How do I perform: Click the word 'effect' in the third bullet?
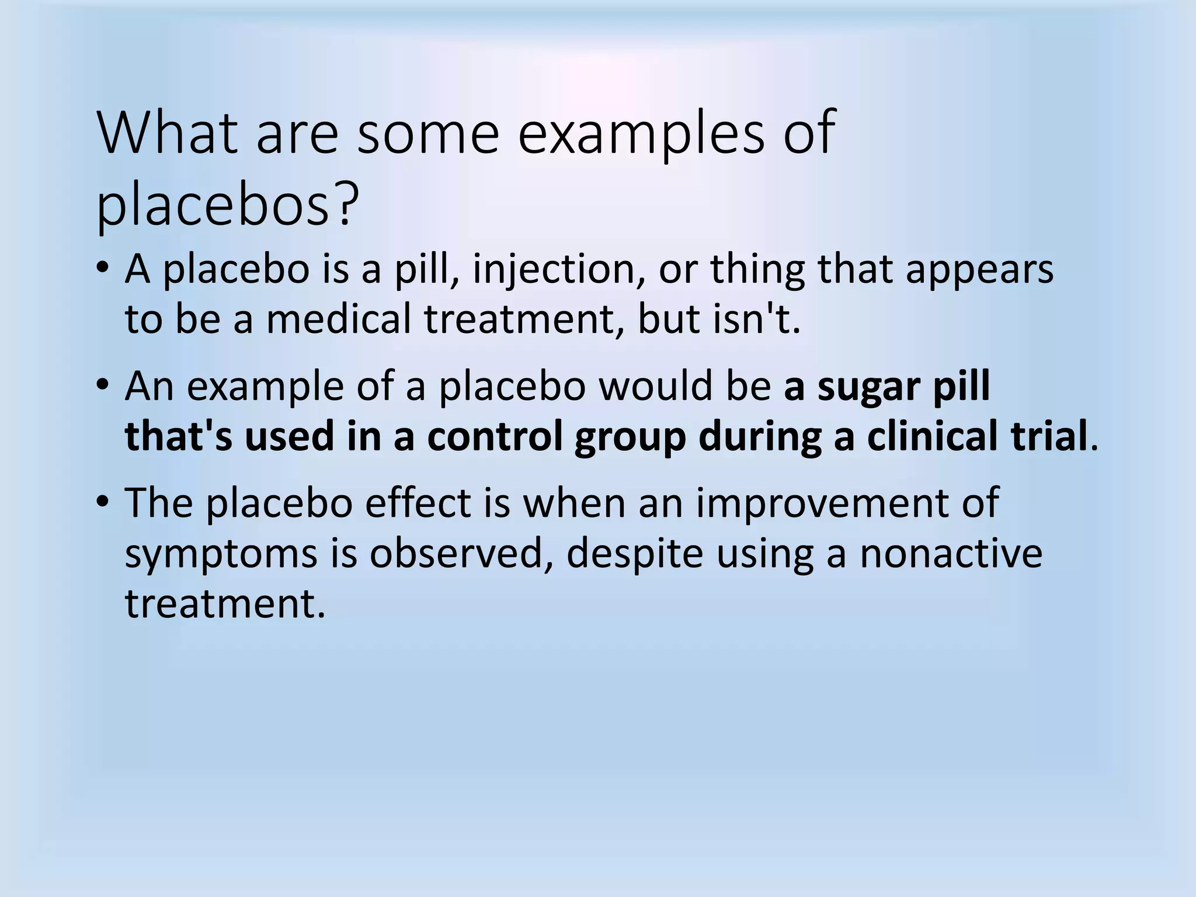point(418,503)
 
